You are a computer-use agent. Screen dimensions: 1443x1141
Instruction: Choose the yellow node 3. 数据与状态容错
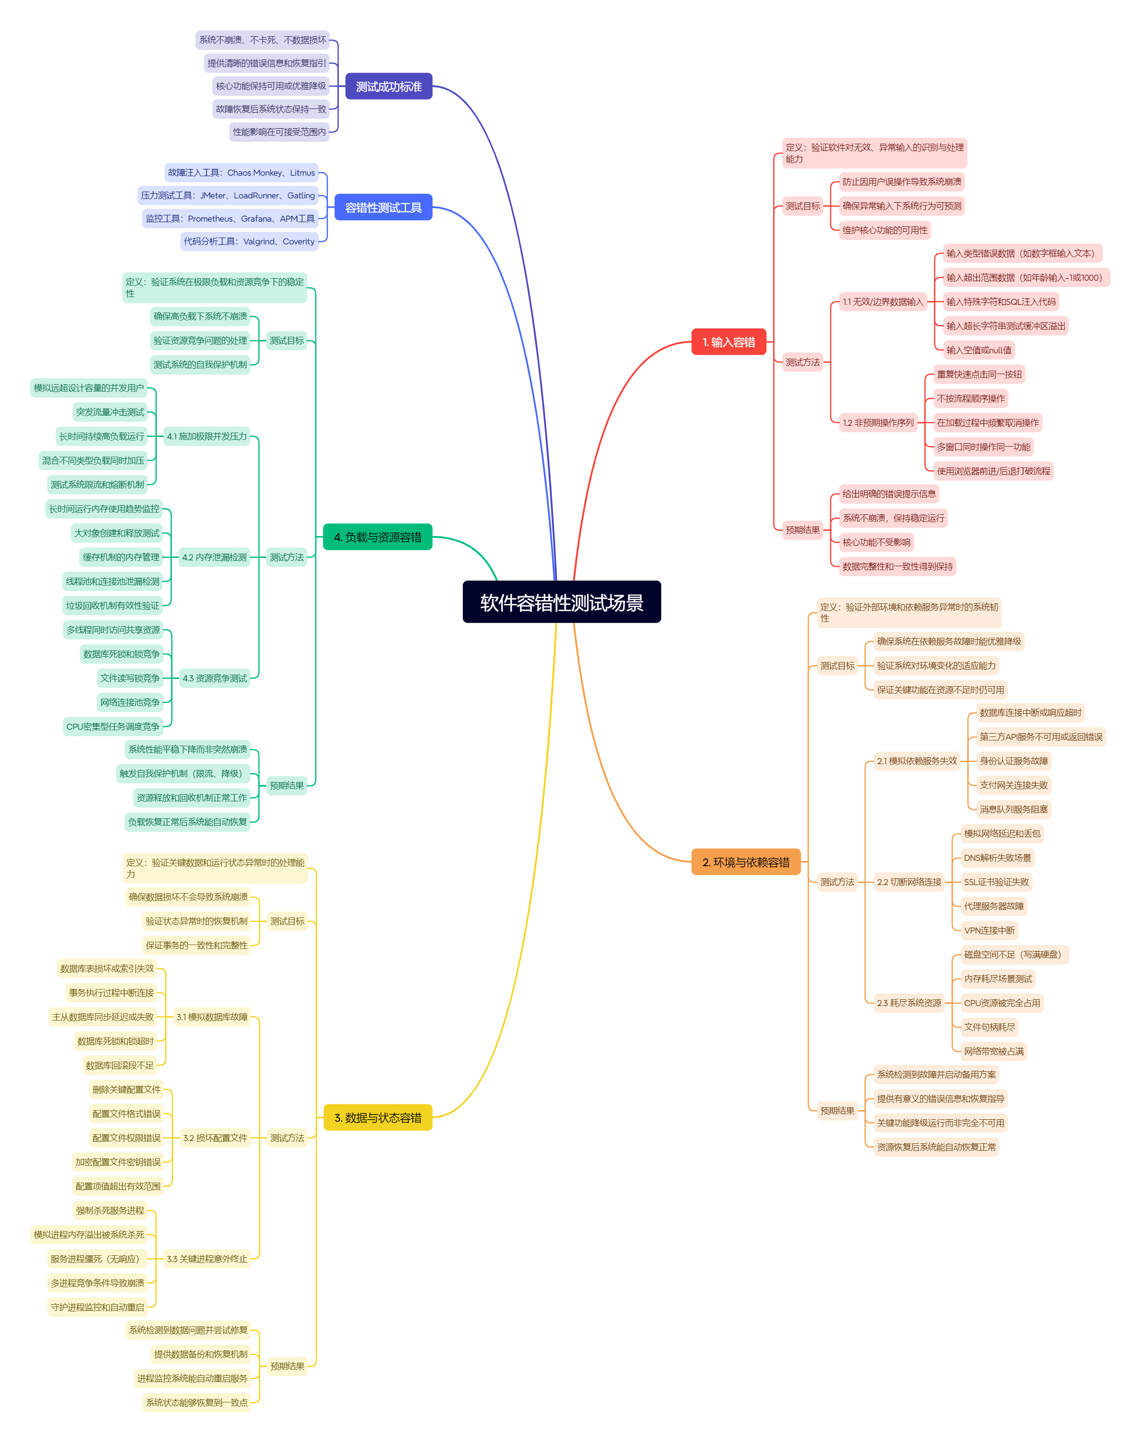(x=378, y=1118)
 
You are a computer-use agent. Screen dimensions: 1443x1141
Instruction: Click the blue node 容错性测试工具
(x=383, y=208)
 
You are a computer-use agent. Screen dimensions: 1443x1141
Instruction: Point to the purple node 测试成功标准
(x=388, y=86)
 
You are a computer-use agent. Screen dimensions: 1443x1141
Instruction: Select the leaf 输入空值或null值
(x=979, y=350)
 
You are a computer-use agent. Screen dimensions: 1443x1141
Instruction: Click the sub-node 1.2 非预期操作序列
(x=878, y=422)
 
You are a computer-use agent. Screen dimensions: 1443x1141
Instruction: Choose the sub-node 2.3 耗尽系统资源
(x=909, y=1003)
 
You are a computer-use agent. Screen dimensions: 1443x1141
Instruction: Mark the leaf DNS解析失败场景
(x=997, y=858)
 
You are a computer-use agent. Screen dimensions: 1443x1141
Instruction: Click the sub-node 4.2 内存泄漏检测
(x=214, y=557)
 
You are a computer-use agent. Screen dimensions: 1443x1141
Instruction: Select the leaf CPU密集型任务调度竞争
(x=113, y=726)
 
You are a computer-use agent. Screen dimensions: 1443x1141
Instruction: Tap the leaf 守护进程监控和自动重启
(x=97, y=1308)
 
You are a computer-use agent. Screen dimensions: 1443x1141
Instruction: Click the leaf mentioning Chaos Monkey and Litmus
(x=241, y=172)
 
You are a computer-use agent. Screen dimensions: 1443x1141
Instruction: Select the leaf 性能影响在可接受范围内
(x=279, y=132)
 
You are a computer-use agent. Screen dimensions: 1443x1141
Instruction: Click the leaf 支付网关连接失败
(x=1013, y=785)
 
